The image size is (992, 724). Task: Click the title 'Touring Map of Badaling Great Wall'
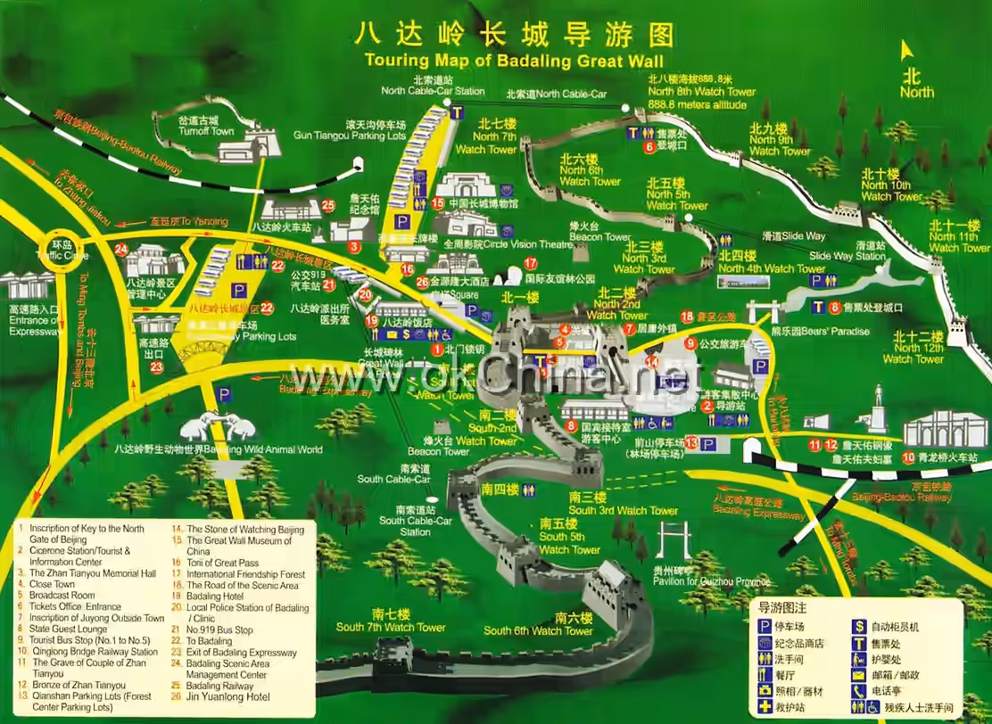pos(514,62)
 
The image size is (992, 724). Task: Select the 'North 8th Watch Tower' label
pos(701,92)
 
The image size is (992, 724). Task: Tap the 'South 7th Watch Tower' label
pos(391,627)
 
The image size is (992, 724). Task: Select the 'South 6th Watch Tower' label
pos(538,630)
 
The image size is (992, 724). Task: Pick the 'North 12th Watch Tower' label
pos(913,358)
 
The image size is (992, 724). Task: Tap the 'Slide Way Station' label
pos(847,257)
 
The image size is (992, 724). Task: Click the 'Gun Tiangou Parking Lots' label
pos(350,136)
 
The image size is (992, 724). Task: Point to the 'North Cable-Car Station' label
pos(433,91)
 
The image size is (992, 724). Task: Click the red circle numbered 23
pos(157,366)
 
